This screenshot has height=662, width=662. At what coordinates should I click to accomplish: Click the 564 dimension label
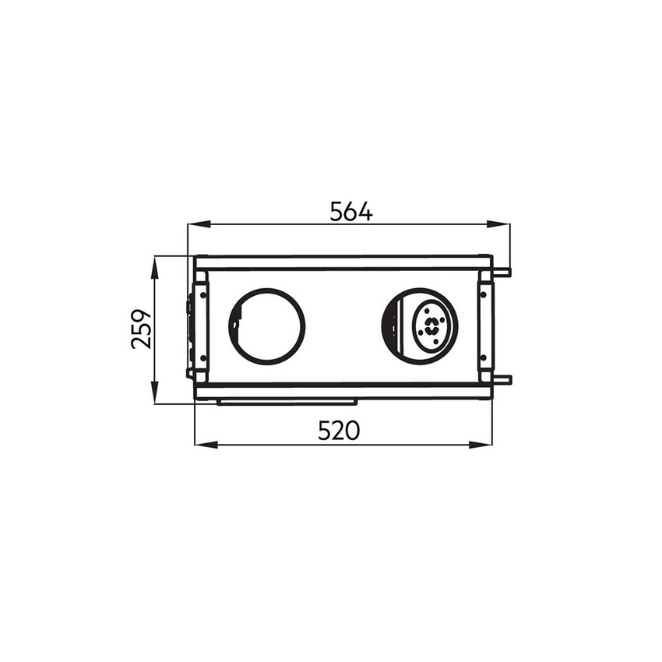[x=351, y=212]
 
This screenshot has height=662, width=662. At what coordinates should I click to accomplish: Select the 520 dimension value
[x=339, y=431]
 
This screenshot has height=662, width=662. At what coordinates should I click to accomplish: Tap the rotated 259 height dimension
[x=141, y=329]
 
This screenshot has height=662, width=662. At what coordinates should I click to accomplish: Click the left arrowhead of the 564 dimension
[x=199, y=224]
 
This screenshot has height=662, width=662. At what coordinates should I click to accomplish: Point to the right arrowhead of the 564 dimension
[x=498, y=224]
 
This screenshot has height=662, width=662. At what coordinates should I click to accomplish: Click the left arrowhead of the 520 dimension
[x=206, y=445]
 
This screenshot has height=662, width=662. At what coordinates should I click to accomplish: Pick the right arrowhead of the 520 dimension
[x=481, y=445]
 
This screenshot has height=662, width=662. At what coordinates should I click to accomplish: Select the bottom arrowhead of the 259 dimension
[x=155, y=393]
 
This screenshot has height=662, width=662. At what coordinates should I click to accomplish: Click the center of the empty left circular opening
[x=267, y=326]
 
